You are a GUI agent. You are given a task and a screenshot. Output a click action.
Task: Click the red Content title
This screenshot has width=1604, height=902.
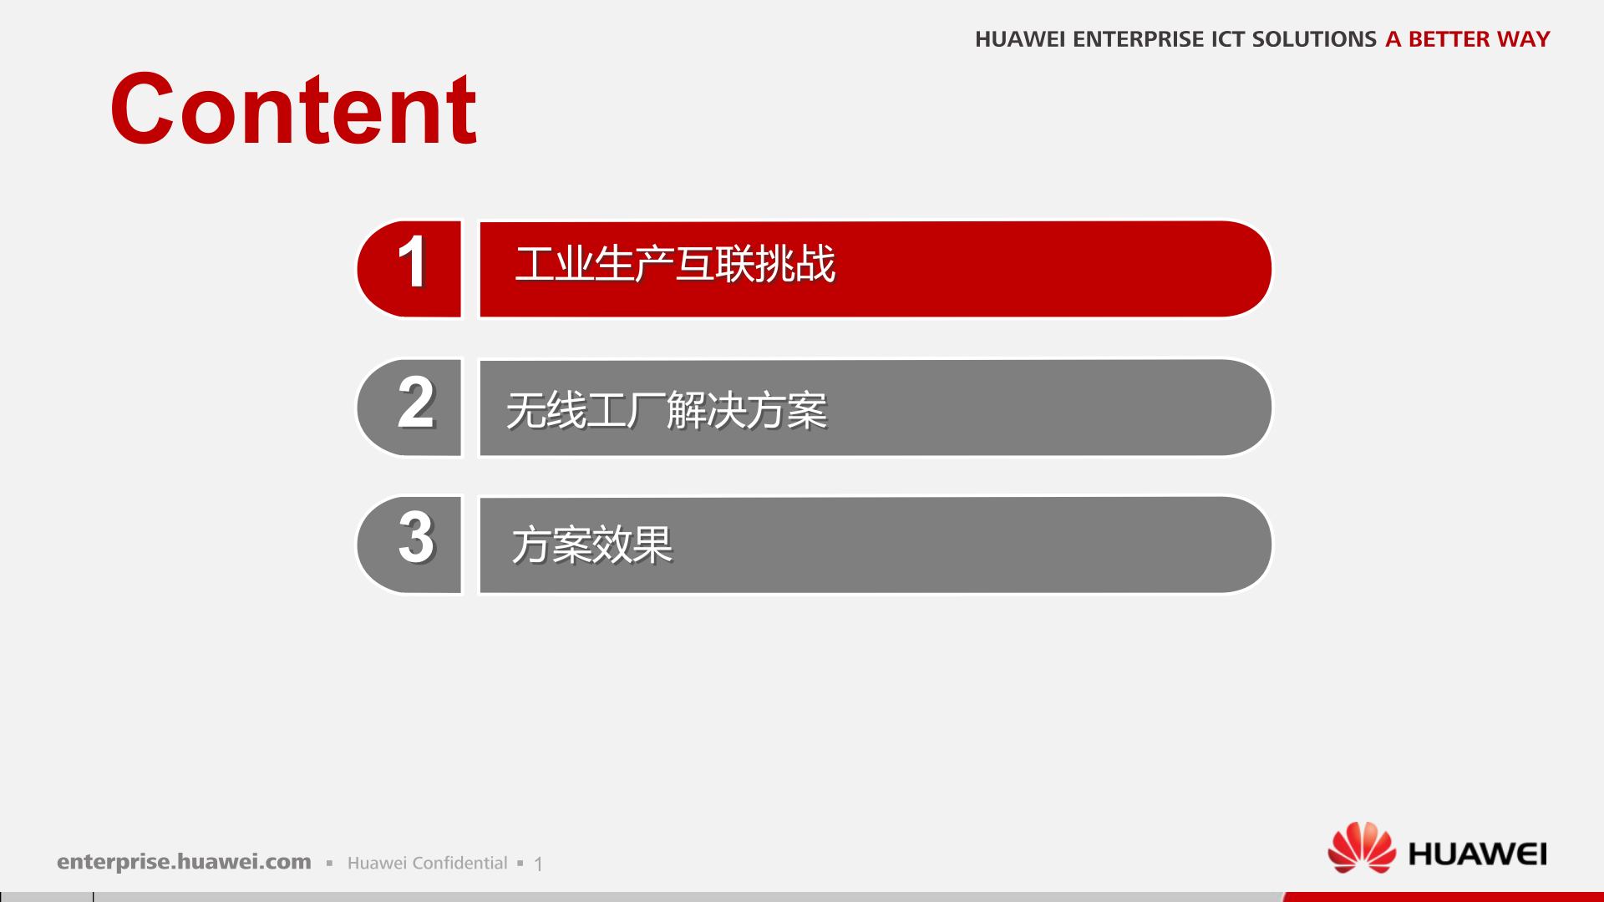(293, 109)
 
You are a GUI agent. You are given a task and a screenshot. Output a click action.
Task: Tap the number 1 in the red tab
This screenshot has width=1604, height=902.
(413, 263)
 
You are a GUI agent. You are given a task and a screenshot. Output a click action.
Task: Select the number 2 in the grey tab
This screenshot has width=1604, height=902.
(416, 403)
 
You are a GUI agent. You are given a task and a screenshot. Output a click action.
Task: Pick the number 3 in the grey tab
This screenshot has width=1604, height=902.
(416, 538)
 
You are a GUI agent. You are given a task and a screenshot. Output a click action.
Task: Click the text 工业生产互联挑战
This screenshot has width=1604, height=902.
(675, 265)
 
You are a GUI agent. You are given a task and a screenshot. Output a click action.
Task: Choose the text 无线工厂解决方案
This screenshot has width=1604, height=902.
(667, 411)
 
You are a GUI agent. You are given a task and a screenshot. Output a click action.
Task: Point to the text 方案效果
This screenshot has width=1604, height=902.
(592, 545)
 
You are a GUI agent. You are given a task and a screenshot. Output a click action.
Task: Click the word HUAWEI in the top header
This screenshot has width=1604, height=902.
(1019, 39)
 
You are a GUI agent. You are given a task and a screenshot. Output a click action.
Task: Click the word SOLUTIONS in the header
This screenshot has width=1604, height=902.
(1314, 39)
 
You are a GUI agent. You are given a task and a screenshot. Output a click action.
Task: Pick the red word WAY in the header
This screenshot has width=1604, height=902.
(1523, 39)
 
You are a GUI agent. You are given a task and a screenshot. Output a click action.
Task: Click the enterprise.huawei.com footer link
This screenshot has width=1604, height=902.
(184, 862)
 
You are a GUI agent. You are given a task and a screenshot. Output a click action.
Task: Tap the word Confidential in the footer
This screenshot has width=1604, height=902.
(460, 863)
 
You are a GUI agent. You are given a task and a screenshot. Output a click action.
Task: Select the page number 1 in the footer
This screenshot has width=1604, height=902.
(539, 864)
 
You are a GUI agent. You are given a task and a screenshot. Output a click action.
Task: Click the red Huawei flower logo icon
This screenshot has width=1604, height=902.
(1362, 847)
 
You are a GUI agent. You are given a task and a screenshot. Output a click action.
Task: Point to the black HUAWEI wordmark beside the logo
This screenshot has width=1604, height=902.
(1477, 854)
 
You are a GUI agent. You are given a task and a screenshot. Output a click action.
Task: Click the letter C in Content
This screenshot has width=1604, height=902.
(142, 109)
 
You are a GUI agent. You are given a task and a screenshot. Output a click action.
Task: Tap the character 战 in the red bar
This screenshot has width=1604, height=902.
(815, 265)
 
